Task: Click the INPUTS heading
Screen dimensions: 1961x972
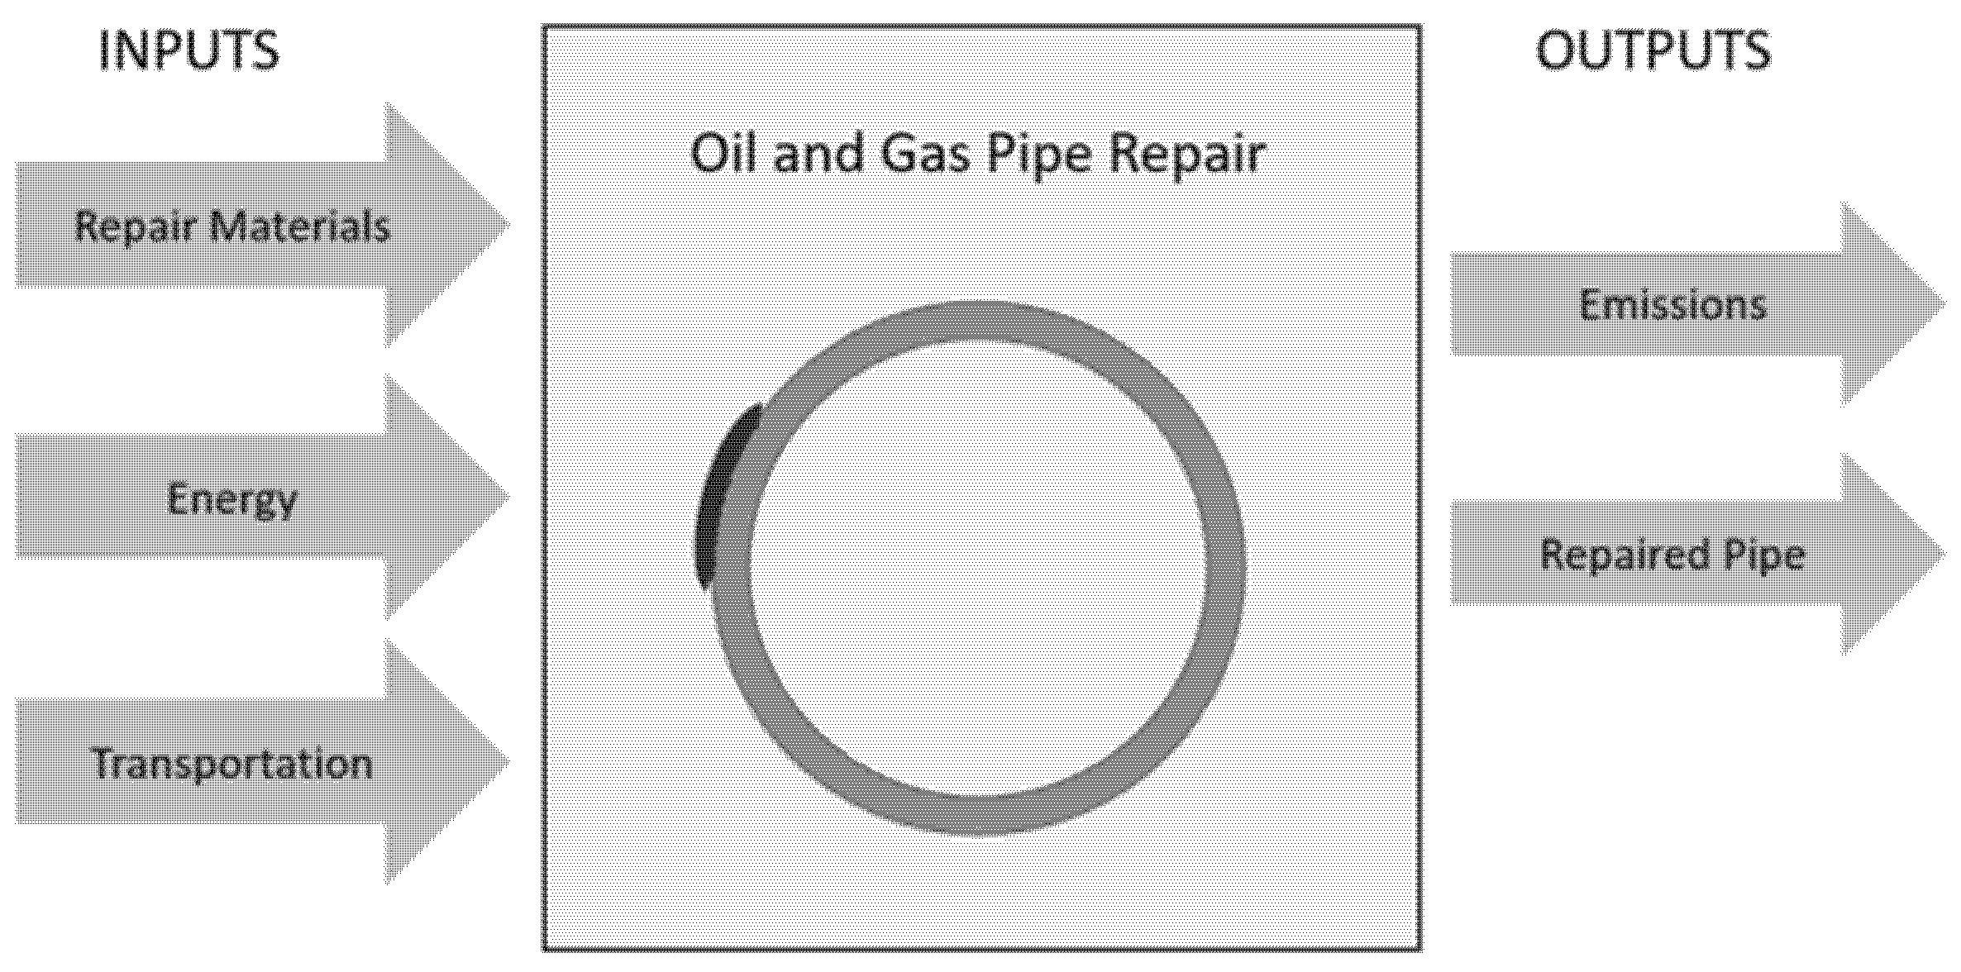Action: point(189,50)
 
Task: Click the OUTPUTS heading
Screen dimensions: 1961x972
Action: point(1653,50)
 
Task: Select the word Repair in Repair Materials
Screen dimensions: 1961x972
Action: point(134,226)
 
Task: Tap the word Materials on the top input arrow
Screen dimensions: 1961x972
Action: point(300,226)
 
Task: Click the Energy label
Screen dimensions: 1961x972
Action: point(231,500)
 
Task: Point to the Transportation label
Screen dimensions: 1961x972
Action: point(232,763)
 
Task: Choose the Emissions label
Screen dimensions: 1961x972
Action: point(1672,304)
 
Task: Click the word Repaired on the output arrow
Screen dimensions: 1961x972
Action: point(1625,554)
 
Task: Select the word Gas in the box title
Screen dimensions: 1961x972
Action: point(926,154)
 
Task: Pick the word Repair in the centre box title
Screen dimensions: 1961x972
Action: point(1186,155)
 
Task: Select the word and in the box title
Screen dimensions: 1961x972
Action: point(818,154)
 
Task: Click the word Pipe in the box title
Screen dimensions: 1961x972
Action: point(1043,155)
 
